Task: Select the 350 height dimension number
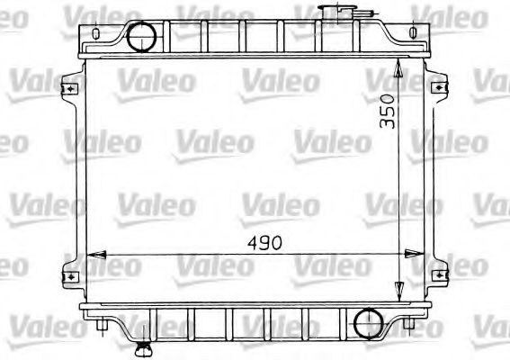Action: (387, 110)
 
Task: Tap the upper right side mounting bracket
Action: (438, 89)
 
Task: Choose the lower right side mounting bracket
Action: (438, 274)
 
